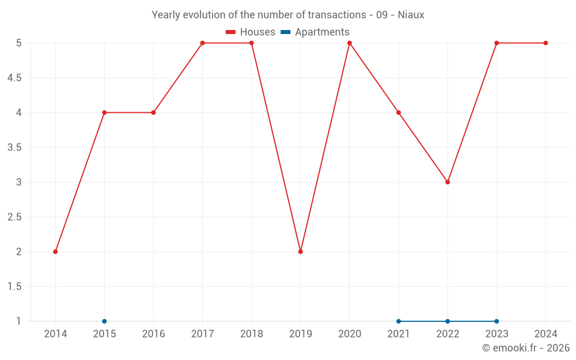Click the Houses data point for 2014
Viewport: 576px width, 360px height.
click(55, 252)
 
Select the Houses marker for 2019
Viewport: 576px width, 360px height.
click(301, 252)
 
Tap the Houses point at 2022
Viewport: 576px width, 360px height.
click(448, 182)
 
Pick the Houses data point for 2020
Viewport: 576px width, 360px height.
click(350, 43)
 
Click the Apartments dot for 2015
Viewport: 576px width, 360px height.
click(104, 321)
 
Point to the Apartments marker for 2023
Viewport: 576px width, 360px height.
click(497, 321)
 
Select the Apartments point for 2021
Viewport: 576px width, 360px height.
click(399, 321)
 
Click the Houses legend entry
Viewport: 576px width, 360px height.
click(251, 32)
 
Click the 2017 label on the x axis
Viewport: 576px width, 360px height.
click(202, 334)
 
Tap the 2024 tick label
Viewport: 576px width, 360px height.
click(545, 334)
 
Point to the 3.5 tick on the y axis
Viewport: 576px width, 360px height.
click(14, 147)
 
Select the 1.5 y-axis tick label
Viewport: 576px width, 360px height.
click(14, 287)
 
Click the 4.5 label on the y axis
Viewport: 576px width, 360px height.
click(14, 78)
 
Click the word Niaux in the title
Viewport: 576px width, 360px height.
click(411, 15)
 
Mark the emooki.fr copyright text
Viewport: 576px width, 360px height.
click(526, 348)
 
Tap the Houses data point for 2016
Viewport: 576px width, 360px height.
click(153, 112)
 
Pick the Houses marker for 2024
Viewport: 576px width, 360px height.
click(545, 43)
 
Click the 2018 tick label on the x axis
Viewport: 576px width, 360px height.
click(252, 334)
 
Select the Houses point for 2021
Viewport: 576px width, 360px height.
click(399, 112)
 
